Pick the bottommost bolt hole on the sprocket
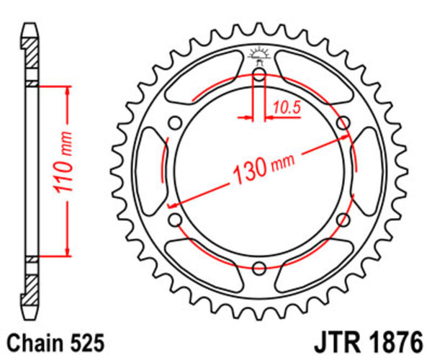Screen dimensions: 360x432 pos(259,269)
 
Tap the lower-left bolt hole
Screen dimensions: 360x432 pos(174,220)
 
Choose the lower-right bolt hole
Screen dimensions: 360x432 pos(343,220)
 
